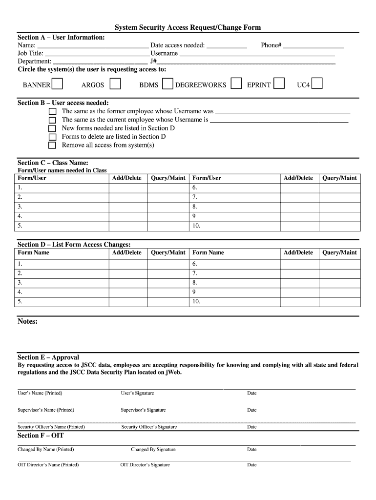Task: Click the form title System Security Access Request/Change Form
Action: [188, 28]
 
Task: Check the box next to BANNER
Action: [57, 84]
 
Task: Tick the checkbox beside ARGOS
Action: [115, 84]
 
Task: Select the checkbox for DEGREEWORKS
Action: [236, 84]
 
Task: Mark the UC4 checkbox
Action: [317, 84]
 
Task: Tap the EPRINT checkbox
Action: [279, 84]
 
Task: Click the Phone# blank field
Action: [313, 45]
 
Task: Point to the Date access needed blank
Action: [227, 45]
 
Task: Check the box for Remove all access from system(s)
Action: [52, 146]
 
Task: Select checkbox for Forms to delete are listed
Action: [52, 137]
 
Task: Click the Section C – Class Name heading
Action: [53, 163]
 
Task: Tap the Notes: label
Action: [27, 321]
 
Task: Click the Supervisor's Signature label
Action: [143, 410]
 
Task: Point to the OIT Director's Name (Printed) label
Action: [48, 465]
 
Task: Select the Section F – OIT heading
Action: [41, 436]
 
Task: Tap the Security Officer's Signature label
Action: [149, 427]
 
